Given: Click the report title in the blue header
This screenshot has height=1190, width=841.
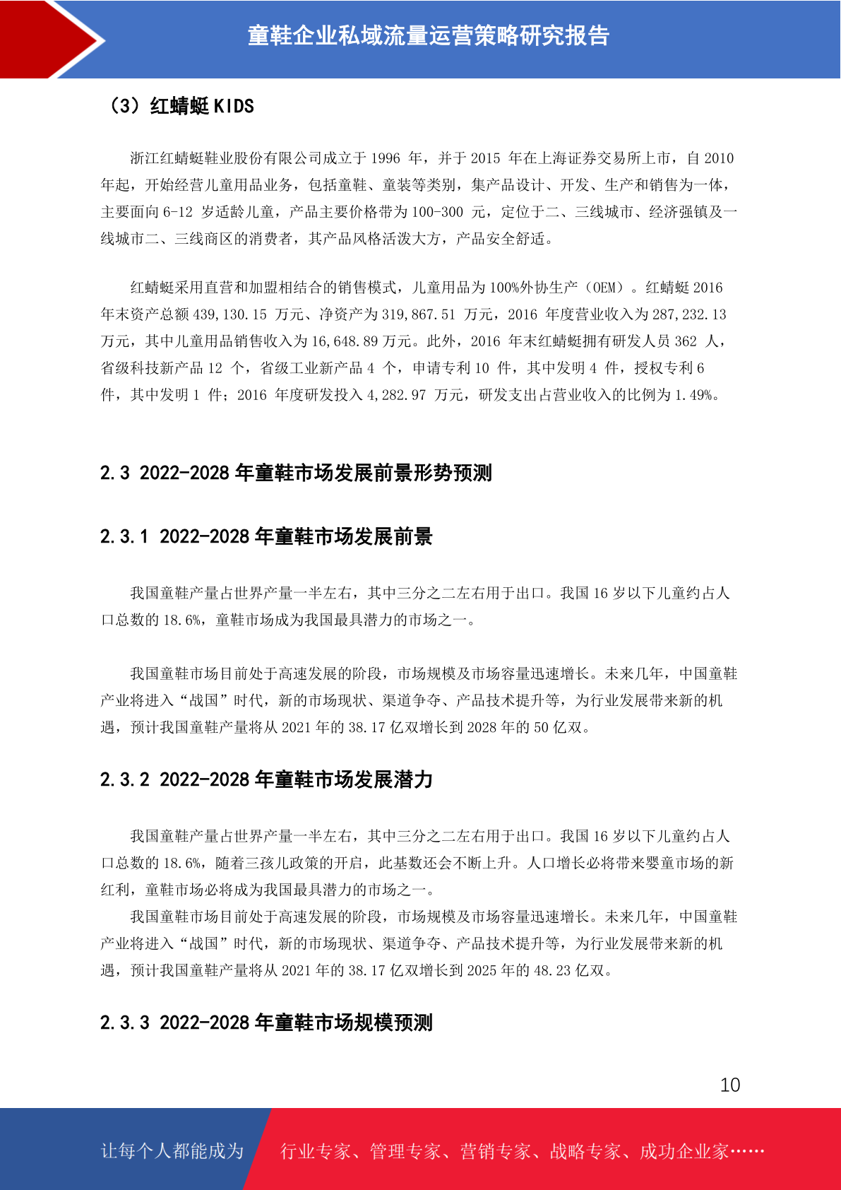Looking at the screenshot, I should pos(428,35).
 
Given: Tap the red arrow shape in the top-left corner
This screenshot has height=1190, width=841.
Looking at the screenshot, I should pos(49,39).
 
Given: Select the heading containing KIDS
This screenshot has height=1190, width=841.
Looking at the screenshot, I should pos(180,106).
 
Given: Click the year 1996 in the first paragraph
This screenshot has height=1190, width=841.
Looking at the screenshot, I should pos(386,158).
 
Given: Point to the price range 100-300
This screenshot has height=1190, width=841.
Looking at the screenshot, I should pos(438,212).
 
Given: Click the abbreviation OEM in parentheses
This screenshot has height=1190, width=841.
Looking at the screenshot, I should pos(605,288).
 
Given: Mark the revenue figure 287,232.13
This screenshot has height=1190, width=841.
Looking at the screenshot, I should pos(690,314).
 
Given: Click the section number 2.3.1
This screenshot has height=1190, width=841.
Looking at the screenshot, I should pos(124,537).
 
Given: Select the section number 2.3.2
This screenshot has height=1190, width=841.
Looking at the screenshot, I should pos(124,780).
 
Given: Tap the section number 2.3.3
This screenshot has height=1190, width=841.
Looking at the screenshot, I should pos(124,1023).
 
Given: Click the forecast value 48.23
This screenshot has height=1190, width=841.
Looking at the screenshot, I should pos(552,970).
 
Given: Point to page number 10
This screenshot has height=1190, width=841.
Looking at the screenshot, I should pos(730,1085).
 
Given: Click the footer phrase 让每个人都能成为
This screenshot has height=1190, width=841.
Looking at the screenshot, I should pos(172,1151).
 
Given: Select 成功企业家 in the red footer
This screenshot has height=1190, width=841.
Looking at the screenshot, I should pos(684,1151).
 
